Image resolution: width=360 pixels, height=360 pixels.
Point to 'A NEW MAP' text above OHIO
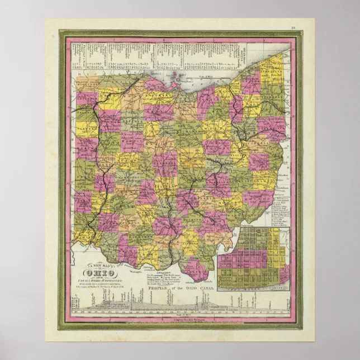[x=96, y=265]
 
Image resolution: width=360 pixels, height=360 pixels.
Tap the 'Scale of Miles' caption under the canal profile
[x=184, y=318]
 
